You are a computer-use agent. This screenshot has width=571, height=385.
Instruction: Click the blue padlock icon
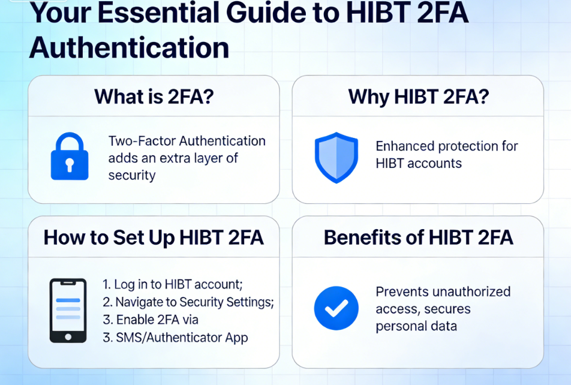coord(70,157)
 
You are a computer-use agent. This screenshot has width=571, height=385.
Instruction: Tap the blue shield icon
coord(336,157)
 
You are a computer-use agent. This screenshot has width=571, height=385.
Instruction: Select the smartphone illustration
coord(68,311)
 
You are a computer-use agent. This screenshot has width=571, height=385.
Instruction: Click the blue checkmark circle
coord(336,308)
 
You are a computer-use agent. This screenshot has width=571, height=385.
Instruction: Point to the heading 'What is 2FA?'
coord(154,97)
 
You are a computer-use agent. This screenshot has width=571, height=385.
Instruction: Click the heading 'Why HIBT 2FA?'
coord(419,97)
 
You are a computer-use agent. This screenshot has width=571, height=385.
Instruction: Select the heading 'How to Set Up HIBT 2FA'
coord(154,237)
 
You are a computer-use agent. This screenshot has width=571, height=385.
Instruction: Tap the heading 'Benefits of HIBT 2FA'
coord(419,237)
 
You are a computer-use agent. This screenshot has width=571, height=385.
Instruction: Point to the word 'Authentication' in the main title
coord(130,48)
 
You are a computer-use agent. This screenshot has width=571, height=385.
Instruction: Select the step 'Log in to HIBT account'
coord(173,284)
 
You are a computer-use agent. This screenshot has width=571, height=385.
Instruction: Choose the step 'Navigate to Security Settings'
coord(188,302)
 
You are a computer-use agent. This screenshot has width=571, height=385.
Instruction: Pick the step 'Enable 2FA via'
coord(151,320)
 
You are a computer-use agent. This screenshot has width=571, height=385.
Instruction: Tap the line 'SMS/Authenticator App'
coord(175,338)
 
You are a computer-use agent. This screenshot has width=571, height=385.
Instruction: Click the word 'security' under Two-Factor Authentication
coord(132,176)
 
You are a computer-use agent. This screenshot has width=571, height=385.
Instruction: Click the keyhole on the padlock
coord(70,165)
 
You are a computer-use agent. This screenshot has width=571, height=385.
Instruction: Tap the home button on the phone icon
coord(68,337)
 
